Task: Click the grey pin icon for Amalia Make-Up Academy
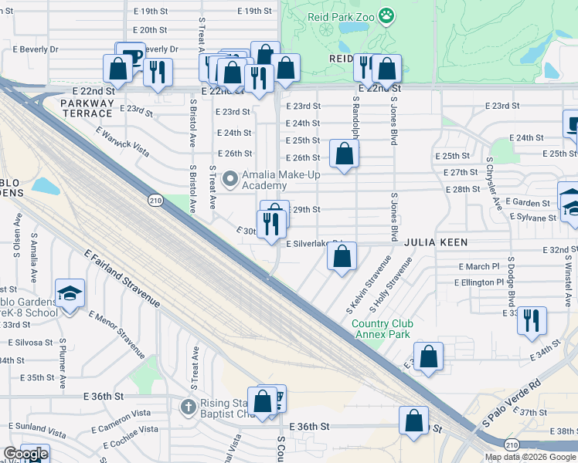pyautogui.click(x=229, y=180)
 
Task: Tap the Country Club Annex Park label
pyautogui.click(x=382, y=329)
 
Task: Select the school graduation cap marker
pyautogui.click(x=70, y=294)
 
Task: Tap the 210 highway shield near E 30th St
pyautogui.click(x=155, y=201)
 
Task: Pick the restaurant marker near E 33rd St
pyautogui.click(x=532, y=320)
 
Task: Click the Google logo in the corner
pyautogui.click(x=25, y=454)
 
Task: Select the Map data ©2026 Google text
pyautogui.click(x=531, y=457)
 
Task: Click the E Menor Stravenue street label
pyautogui.click(x=117, y=334)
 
